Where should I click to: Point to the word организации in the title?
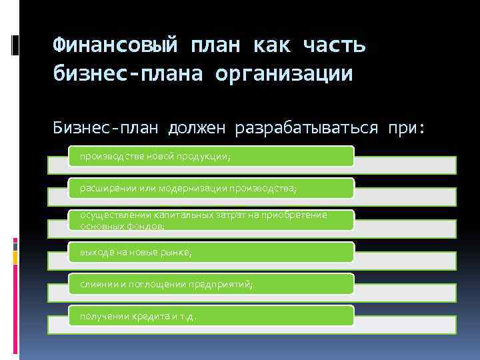(x=284, y=73)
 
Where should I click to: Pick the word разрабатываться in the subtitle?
(x=312, y=126)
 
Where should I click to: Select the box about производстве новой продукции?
(x=211, y=156)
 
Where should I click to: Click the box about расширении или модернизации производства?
(x=211, y=188)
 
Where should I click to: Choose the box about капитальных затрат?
(x=211, y=220)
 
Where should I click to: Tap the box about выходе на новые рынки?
(x=211, y=252)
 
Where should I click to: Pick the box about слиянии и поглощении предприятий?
(x=211, y=285)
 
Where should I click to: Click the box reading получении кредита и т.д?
(x=211, y=316)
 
